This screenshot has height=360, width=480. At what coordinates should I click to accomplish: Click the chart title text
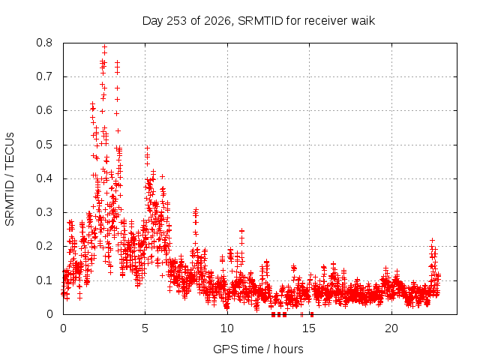click(x=259, y=21)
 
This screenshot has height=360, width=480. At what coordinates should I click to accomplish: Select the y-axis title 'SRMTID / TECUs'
click(x=10, y=179)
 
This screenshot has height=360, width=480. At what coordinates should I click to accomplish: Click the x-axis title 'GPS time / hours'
click(x=258, y=349)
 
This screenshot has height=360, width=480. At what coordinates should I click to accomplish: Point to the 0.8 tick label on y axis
click(x=44, y=43)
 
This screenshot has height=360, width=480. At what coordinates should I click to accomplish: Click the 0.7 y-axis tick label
click(x=44, y=76)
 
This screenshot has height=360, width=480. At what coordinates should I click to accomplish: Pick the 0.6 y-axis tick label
click(x=44, y=110)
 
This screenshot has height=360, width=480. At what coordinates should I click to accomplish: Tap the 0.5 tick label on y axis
click(x=44, y=145)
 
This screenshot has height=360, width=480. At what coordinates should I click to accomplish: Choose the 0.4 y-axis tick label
click(x=44, y=178)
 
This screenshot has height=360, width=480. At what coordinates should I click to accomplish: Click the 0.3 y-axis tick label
click(x=44, y=212)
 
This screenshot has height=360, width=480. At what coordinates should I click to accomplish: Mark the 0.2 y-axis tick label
click(x=44, y=246)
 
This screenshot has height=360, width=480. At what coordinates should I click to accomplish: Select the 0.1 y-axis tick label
click(x=44, y=280)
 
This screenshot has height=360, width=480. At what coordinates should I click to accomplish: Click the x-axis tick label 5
click(x=145, y=328)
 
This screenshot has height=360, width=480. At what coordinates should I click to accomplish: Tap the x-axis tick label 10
click(x=227, y=328)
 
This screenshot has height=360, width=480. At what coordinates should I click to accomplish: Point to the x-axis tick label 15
click(x=309, y=328)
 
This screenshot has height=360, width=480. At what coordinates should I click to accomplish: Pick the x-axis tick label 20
click(x=391, y=328)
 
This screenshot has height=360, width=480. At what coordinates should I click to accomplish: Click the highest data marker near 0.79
click(x=105, y=47)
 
